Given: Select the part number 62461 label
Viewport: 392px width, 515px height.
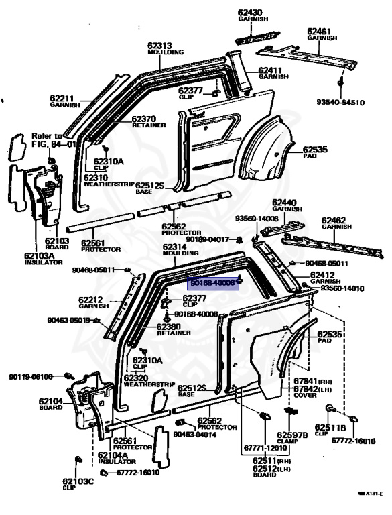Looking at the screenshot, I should (320, 32).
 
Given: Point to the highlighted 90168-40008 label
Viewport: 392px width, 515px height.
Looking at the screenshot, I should (212, 284).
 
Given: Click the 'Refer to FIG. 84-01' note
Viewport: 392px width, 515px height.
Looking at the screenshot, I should (54, 140).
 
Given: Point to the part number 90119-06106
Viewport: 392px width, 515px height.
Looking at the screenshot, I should (31, 377).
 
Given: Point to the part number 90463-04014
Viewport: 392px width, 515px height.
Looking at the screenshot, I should (195, 434).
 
